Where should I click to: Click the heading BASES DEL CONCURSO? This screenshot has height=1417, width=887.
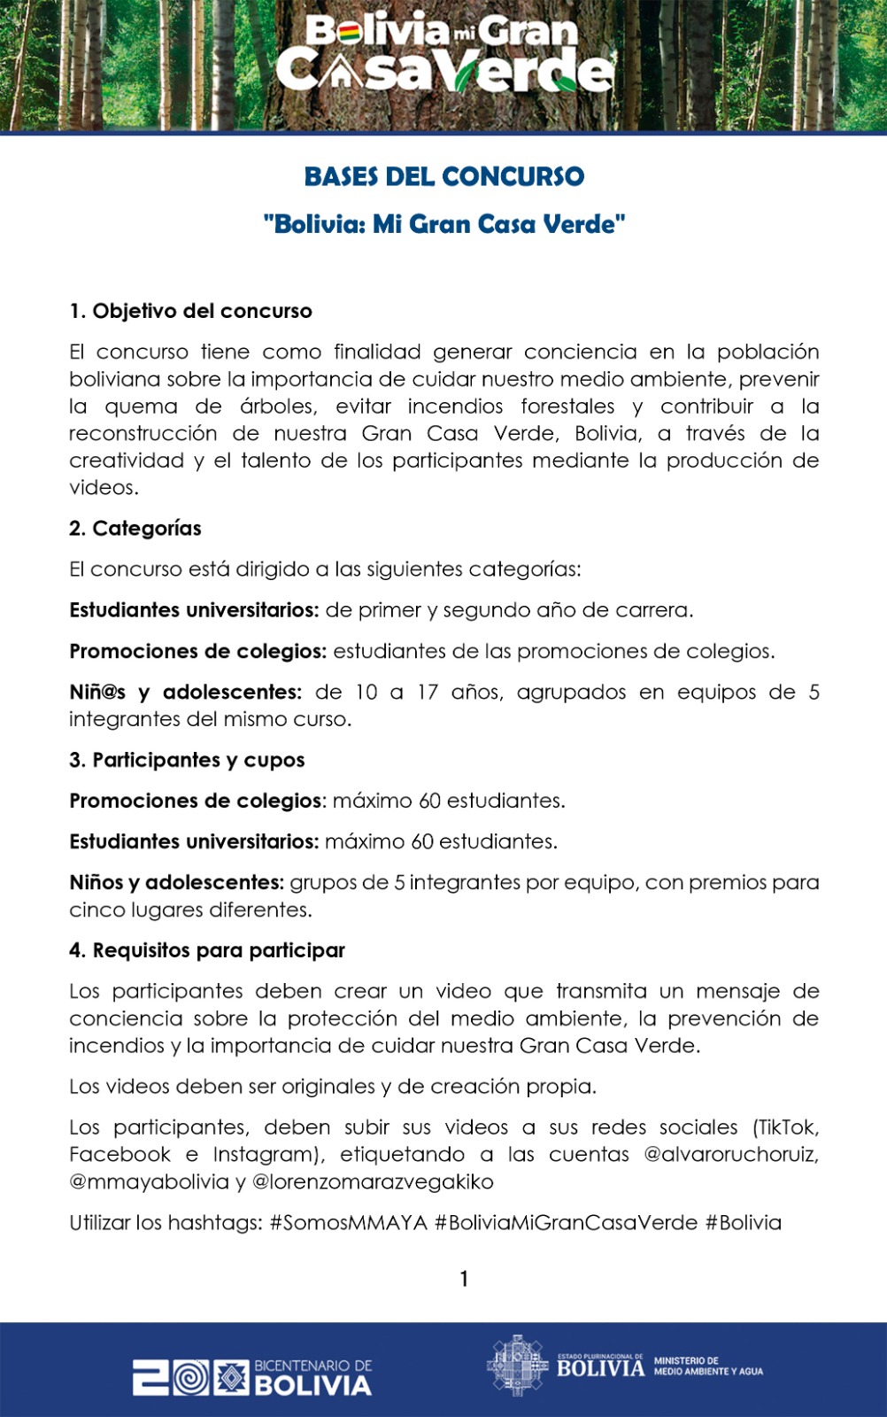point(443,177)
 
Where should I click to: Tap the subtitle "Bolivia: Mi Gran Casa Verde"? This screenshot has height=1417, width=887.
point(443,224)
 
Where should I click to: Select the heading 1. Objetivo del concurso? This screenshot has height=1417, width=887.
point(190,311)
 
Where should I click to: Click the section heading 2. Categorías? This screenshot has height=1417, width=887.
point(135,529)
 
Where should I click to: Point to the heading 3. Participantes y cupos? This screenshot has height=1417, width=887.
point(187,760)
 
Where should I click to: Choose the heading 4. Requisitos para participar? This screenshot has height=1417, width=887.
point(207,950)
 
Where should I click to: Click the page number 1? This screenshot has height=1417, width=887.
point(464,1279)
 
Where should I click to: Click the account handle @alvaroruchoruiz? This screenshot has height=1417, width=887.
point(730,1155)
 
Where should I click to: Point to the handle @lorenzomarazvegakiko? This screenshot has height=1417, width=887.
point(373,1182)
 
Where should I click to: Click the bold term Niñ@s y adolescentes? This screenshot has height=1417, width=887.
point(186,693)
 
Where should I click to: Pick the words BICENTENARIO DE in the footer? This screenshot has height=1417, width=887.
point(313,1366)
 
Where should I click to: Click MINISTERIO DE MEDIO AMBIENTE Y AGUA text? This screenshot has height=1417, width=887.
point(708,1366)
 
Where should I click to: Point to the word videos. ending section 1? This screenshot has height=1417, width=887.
point(104,488)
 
